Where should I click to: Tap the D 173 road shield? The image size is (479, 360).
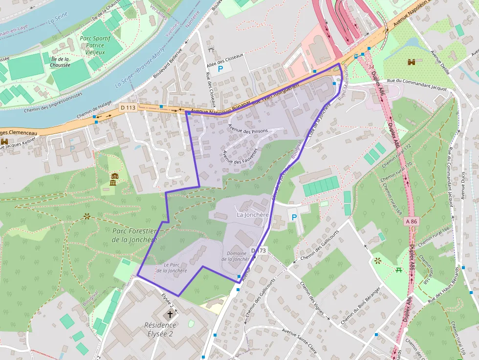(x=260, y=251)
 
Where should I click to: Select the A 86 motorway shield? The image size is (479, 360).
(x=412, y=221)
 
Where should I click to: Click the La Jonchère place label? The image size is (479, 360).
(x=253, y=214)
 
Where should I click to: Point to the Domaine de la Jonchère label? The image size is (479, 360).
(x=239, y=256)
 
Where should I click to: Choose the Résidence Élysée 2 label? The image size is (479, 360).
(x=160, y=329)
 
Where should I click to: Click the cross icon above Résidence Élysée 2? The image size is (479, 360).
(x=170, y=314)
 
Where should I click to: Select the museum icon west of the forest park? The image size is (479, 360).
(x=114, y=179)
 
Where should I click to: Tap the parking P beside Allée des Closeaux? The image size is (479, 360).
(x=220, y=69)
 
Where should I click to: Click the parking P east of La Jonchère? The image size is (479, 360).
(x=294, y=217)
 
